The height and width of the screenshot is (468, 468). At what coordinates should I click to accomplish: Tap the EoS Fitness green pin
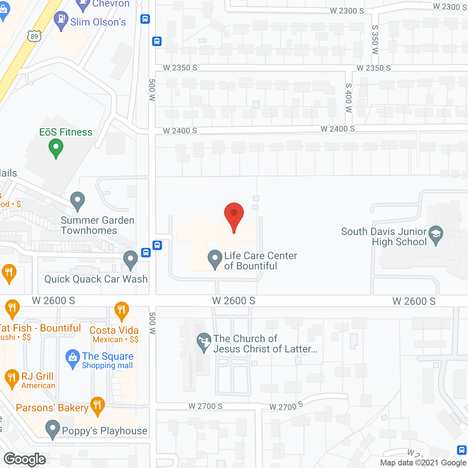tap(56, 148)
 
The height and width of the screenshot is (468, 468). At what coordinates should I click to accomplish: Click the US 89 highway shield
tap(34, 36)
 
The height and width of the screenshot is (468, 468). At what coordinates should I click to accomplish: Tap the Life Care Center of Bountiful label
tap(260, 261)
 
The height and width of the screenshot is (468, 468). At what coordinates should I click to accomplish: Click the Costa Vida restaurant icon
tap(121, 311)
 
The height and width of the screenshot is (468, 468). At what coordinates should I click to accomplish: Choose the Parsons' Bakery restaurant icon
tap(97, 405)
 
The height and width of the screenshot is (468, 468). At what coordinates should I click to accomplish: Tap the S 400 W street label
tap(348, 98)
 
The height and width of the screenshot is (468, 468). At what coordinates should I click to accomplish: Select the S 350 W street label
tap(375, 39)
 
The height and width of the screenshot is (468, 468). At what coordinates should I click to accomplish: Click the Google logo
tap(25, 459)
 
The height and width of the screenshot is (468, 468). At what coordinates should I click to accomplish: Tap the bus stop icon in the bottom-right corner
tap(462, 450)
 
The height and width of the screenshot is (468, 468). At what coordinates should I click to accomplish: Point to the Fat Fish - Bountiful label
tap(40, 328)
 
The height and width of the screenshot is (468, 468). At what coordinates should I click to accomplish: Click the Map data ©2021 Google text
tap(423, 463)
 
